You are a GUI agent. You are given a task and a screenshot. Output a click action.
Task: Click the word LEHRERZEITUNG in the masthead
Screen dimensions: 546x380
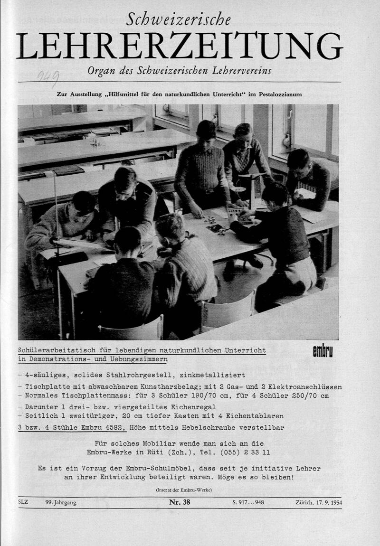tap(180, 46)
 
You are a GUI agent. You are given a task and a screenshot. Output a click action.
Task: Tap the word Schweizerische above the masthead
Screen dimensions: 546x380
tap(179, 19)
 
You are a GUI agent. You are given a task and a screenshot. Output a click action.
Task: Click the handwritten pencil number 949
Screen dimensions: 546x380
tap(49, 75)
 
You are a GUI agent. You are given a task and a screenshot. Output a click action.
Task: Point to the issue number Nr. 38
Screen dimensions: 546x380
tap(180, 502)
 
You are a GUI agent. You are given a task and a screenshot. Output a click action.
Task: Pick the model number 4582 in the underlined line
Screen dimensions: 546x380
tap(114, 427)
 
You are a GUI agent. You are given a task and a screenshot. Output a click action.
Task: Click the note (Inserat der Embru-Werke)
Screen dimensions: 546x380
tap(183, 490)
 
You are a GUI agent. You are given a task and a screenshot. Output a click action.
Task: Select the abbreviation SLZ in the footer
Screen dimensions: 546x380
tap(23, 502)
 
